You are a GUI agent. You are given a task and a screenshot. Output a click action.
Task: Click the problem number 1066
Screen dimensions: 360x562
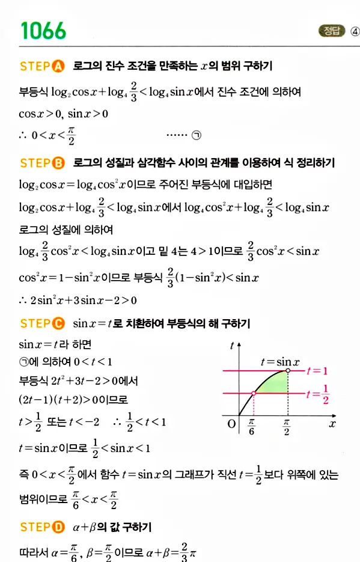pyautogui.click(x=43, y=30)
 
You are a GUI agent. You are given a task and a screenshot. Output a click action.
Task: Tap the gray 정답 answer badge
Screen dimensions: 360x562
pyautogui.click(x=331, y=31)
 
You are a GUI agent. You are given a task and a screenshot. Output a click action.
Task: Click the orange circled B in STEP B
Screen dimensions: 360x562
pyautogui.click(x=58, y=163)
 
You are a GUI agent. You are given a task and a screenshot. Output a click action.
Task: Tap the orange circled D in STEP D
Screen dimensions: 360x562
pyautogui.click(x=58, y=527)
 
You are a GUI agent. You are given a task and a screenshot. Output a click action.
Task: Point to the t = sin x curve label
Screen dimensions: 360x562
pyautogui.click(x=279, y=362)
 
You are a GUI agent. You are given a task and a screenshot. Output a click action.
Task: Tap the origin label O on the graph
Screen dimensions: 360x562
pyautogui.click(x=231, y=424)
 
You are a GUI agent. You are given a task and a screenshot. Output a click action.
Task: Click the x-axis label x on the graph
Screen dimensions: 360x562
pyautogui.click(x=331, y=424)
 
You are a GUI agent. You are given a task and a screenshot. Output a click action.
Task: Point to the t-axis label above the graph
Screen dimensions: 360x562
pyautogui.click(x=231, y=345)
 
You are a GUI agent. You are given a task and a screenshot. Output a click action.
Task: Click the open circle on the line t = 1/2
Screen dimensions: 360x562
pyautogui.click(x=253, y=393)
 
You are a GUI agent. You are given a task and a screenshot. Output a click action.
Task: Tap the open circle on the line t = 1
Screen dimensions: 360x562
pyautogui.click(x=288, y=371)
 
